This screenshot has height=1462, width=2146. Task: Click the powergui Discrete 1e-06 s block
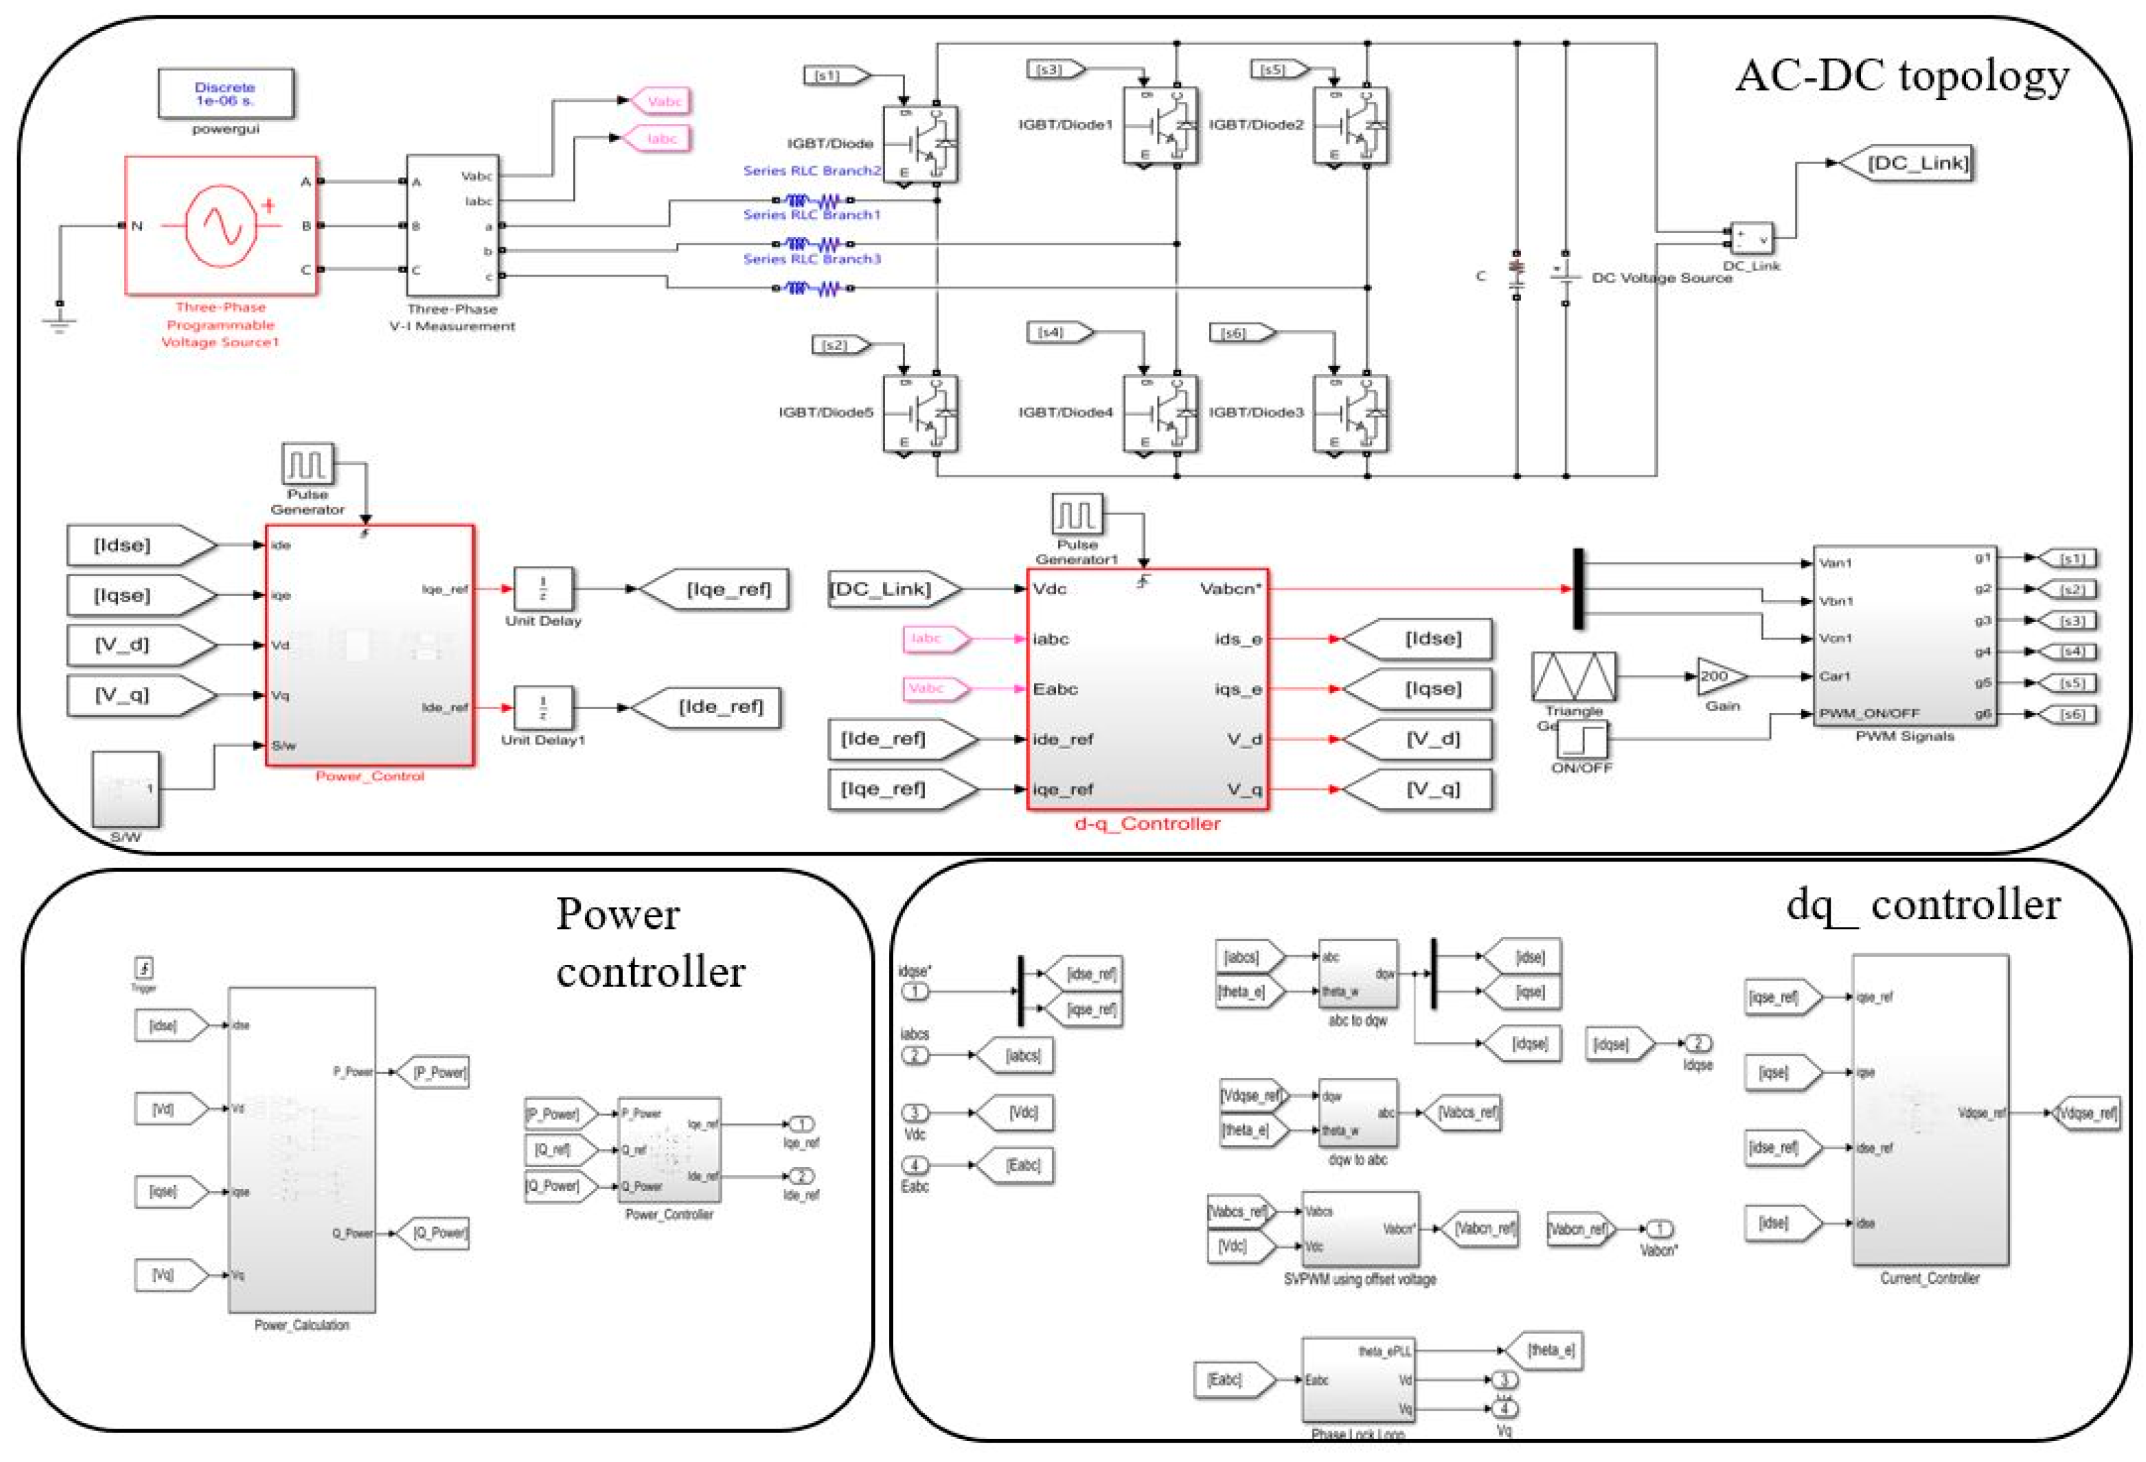225,93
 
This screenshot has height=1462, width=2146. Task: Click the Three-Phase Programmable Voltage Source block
221,225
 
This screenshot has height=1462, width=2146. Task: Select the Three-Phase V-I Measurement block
452,225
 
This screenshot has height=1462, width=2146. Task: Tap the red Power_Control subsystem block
369,645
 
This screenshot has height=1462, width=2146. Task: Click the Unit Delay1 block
543,709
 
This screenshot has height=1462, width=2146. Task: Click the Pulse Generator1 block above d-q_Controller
1077,515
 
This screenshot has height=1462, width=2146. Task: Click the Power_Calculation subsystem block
302,1150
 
